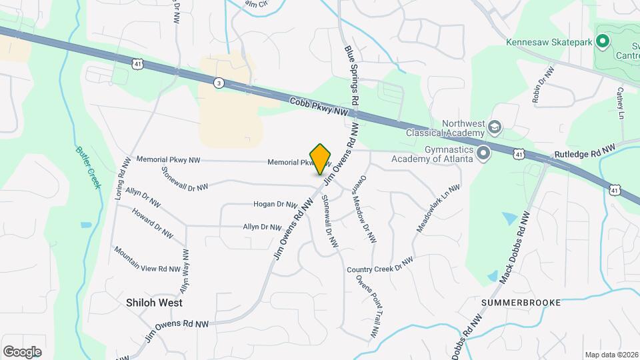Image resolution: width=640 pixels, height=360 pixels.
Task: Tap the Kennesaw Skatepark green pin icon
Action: tap(603, 42)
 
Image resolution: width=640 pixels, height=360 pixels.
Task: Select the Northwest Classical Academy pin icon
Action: tap(495, 127)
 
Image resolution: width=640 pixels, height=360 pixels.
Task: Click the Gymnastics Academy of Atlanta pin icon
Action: tap(484, 153)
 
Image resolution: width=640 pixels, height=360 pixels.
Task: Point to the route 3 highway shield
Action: tap(219, 83)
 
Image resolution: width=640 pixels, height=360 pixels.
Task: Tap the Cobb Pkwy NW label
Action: tap(319, 108)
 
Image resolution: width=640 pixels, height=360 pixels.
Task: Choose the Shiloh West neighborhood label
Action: tap(154, 303)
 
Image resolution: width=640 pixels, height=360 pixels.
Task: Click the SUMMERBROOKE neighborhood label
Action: tap(521, 302)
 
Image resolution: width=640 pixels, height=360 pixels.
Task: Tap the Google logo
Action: tap(22, 352)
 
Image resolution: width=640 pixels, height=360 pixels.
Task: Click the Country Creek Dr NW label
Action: tap(380, 265)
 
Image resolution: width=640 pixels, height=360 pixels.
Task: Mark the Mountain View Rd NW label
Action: tap(147, 259)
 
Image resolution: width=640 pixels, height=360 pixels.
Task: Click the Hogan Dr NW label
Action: tap(275, 204)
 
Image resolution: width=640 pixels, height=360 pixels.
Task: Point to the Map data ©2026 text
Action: tap(611, 355)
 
